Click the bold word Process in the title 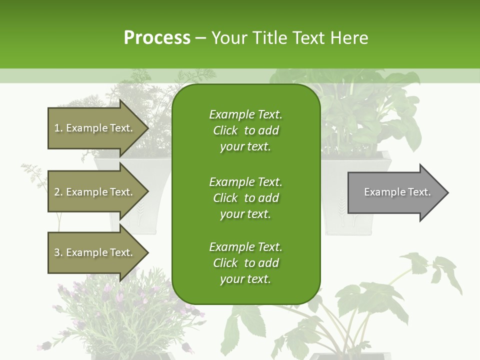coord(157,38)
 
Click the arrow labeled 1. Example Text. coord(95,128)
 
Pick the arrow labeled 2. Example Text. coord(95,192)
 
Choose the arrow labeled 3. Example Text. coord(95,253)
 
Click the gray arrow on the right coord(395,192)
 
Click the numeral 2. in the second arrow coord(58,192)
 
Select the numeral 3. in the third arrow coord(58,253)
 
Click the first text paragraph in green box coord(245,130)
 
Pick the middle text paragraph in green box coord(245,198)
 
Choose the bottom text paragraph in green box coord(245,263)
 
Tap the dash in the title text coord(200,38)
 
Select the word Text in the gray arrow coord(418,192)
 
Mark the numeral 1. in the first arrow coord(58,128)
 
